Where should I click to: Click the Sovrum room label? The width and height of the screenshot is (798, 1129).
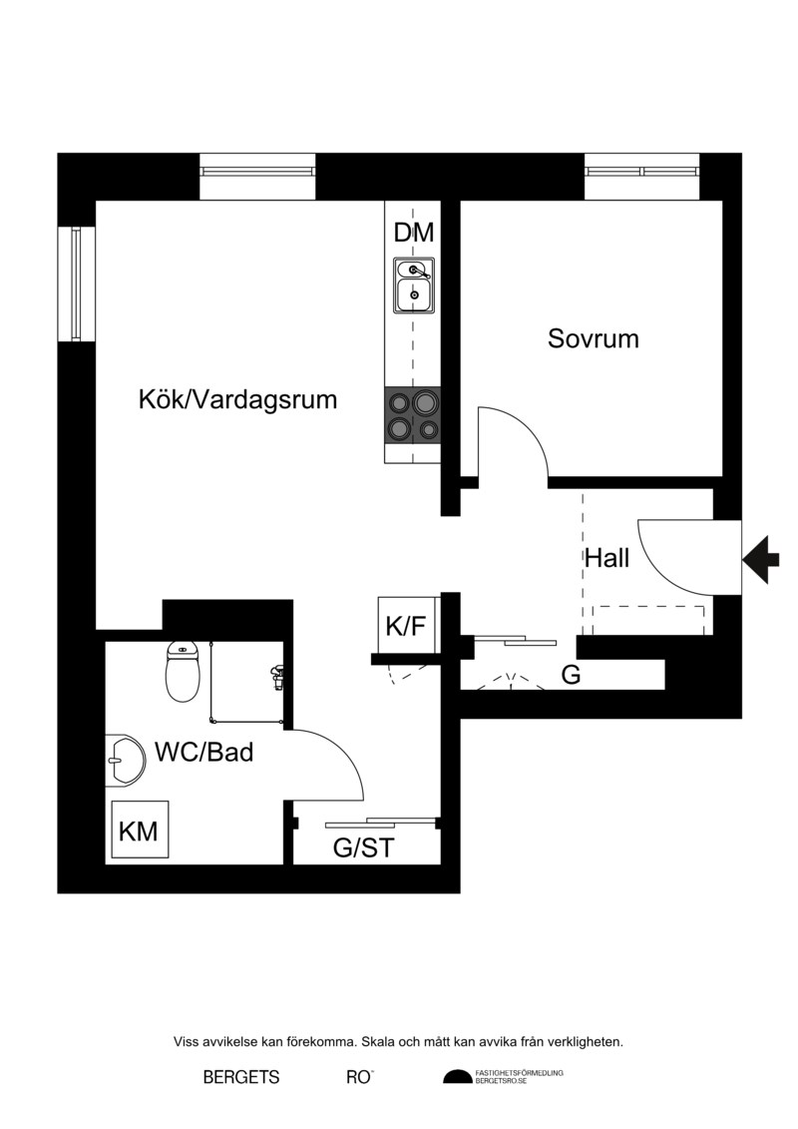tap(593, 338)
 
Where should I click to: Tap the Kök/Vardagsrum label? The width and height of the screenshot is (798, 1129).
tap(237, 399)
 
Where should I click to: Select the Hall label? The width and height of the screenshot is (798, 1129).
tap(606, 558)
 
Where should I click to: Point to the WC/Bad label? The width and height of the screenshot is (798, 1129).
tap(204, 753)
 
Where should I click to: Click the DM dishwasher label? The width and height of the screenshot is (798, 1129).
tap(414, 233)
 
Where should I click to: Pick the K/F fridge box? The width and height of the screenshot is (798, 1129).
tap(407, 625)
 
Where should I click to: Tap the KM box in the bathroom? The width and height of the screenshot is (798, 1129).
tap(140, 832)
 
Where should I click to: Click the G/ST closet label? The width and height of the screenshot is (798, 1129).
tap(363, 848)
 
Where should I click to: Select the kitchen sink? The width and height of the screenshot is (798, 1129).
tap(414, 285)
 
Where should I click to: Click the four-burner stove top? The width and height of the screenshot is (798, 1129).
tap(413, 416)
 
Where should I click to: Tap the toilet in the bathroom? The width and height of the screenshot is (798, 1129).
tap(183, 672)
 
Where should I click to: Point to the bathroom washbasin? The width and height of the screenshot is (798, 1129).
tap(125, 761)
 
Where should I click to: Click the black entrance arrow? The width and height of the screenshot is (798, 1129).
tap(760, 559)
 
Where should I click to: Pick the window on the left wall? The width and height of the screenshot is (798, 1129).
tap(76, 282)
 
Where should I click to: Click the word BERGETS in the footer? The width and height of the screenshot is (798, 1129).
tap(241, 1077)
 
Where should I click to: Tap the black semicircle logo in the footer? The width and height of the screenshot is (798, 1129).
tap(457, 1077)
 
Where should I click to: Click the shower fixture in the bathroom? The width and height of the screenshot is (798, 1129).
tap(275, 678)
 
